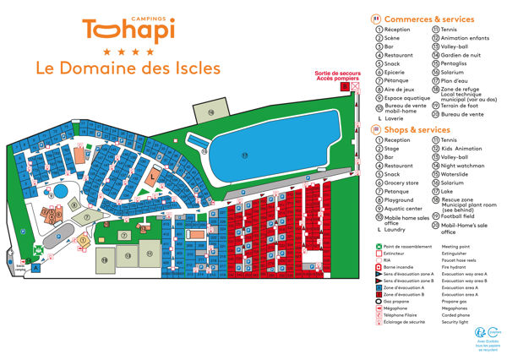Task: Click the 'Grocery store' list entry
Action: pyautogui.click(x=402, y=183)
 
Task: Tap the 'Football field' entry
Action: pyautogui.click(x=462, y=216)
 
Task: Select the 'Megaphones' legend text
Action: pyautogui.click(x=457, y=309)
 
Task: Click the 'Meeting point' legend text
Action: pyautogui.click(x=458, y=247)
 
